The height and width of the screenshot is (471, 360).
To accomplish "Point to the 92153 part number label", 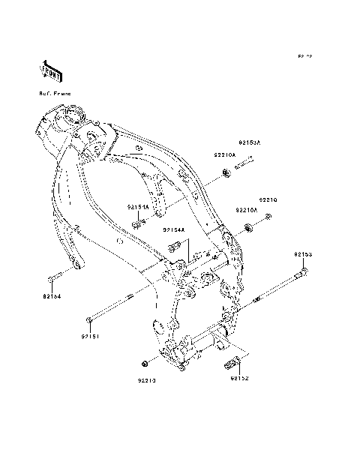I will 303,255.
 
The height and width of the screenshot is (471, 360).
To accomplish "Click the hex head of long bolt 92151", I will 89,321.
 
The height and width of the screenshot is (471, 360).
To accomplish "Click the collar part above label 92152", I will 232,365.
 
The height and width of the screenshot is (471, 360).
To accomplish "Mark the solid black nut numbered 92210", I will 142,364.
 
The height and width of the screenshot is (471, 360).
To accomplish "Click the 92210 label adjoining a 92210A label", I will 268,200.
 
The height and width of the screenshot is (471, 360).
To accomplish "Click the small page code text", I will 304,57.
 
